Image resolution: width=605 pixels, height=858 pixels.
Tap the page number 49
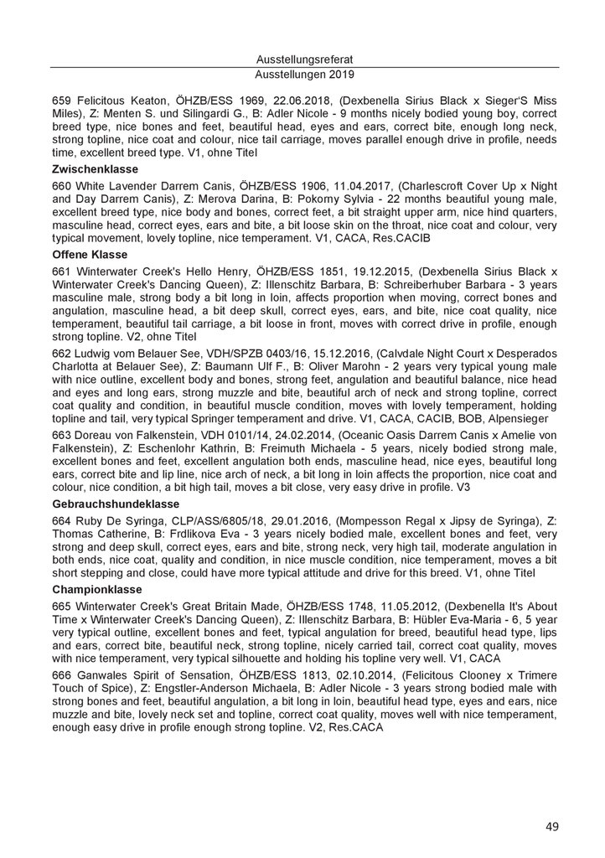(x=552, y=826)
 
